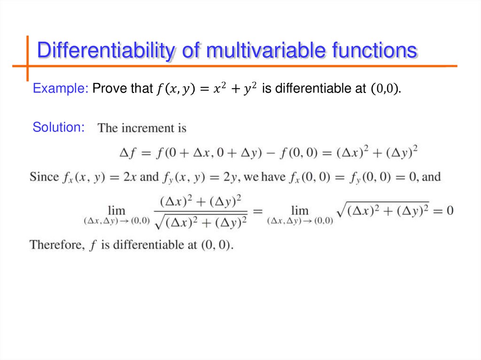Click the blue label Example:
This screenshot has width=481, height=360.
[61, 88]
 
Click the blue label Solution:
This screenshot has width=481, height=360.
[59, 127]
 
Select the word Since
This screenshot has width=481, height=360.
[44, 177]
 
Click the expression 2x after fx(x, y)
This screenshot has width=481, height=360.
[130, 177]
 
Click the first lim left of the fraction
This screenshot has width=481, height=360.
[116, 210]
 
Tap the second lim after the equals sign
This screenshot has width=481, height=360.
[300, 210]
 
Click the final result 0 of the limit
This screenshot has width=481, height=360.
[450, 210]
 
